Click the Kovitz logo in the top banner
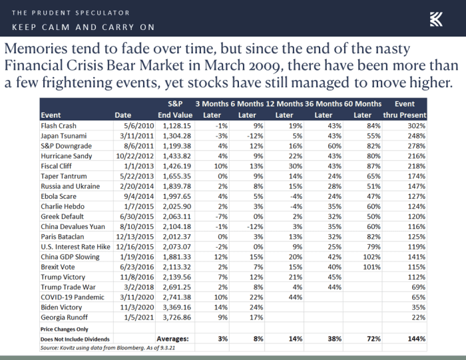[x=436, y=19]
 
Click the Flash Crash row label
[x=59, y=126]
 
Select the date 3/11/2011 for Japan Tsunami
[x=137, y=136]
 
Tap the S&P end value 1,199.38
[x=177, y=146]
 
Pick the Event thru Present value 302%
[x=416, y=126]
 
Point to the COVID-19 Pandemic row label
[x=73, y=297]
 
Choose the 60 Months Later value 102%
[x=371, y=257]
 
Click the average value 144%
[x=416, y=339]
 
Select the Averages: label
[x=172, y=339]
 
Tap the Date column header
[x=123, y=115]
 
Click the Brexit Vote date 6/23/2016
[x=137, y=267]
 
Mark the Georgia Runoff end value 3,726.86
[x=177, y=317]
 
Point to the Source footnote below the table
[x=108, y=348]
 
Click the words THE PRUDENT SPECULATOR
[x=71, y=13]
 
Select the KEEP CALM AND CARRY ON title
[x=83, y=27]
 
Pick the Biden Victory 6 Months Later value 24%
[x=256, y=307]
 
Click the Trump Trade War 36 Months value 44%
[x=335, y=287]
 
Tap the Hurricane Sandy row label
[x=67, y=156]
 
